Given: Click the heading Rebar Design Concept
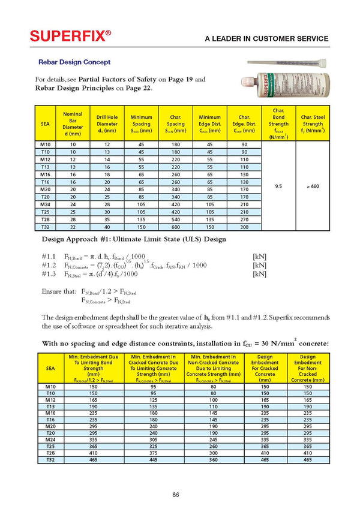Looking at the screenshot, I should pyautogui.click(x=74, y=62).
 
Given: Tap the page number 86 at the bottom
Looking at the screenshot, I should pyautogui.click(x=175, y=494).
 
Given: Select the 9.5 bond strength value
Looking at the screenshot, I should pyautogui.click(x=278, y=186).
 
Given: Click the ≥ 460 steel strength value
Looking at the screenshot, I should pyautogui.click(x=313, y=186).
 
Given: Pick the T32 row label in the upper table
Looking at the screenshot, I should pyautogui.click(x=45, y=228).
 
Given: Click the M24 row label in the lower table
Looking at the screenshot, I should pyautogui.click(x=50, y=438).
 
